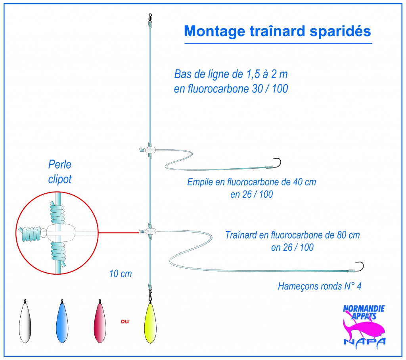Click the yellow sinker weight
[150, 323]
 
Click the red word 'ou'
[125, 321]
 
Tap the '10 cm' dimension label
[121, 274]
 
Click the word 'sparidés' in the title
[340, 31]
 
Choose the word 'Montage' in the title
[214, 32]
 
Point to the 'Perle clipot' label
[60, 172]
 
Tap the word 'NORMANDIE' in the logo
[364, 308]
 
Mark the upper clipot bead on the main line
[150, 150]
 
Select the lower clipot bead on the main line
[150, 231]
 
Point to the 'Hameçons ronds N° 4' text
[320, 286]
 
